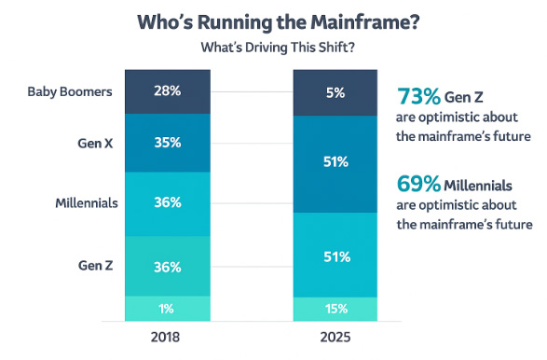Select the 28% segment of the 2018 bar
coord(168,92)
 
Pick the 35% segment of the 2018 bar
coord(168,145)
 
